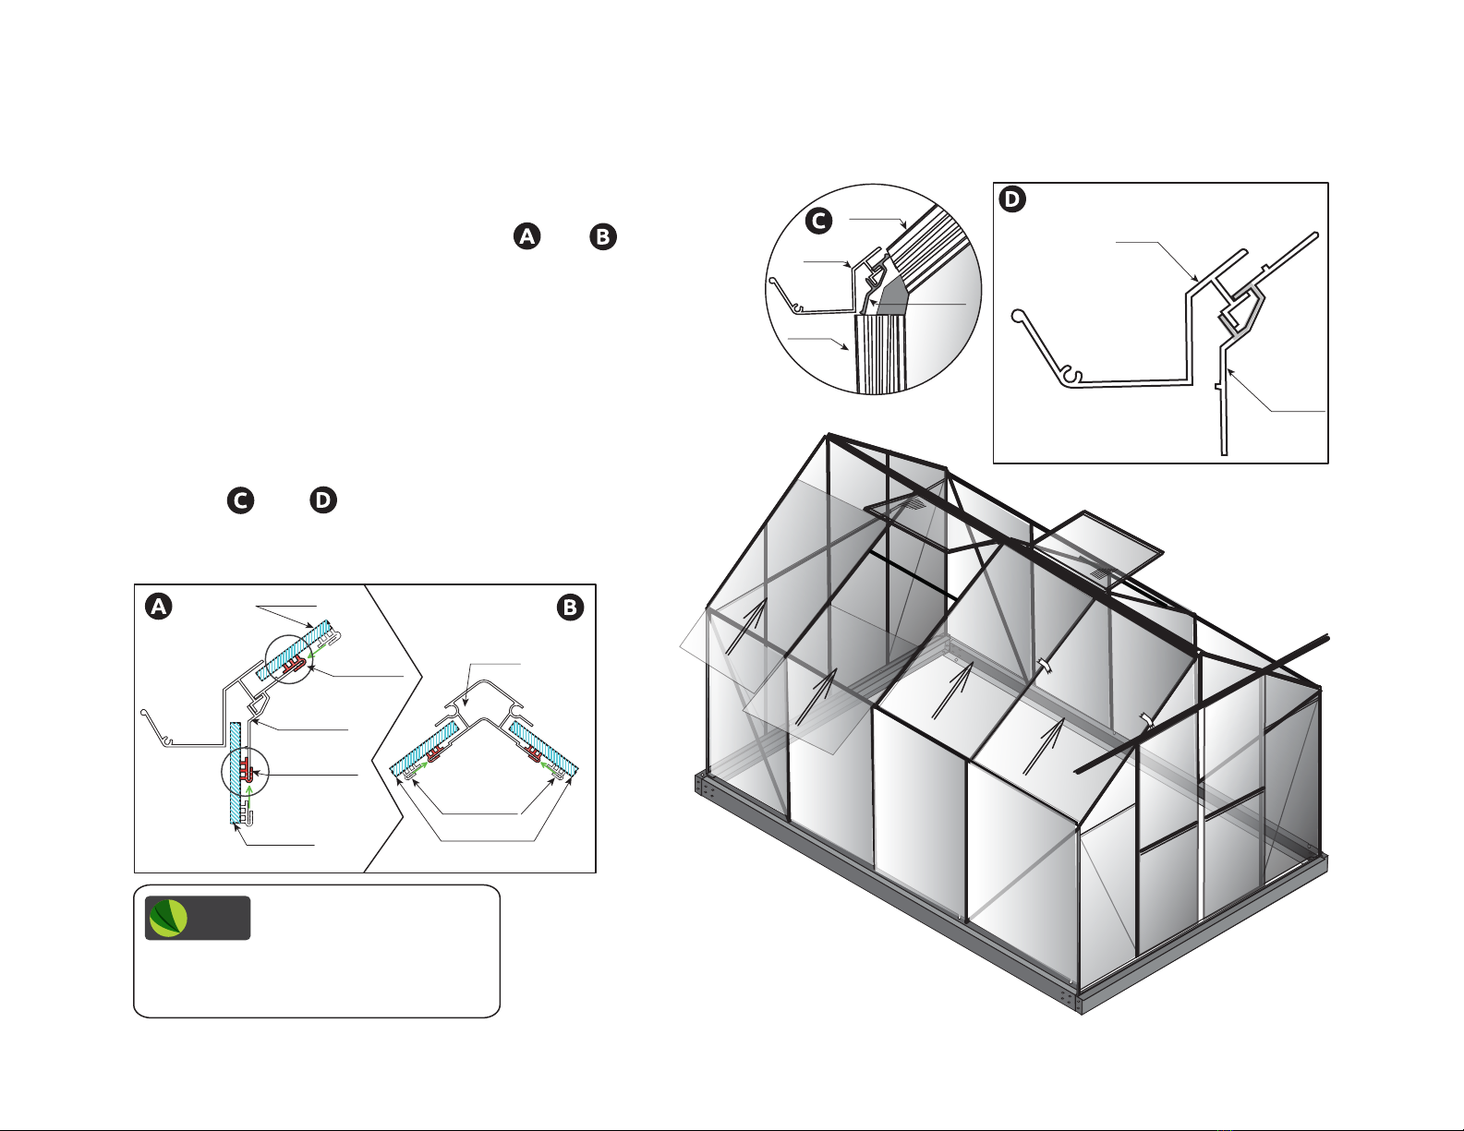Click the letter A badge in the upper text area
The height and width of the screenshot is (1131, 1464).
526,236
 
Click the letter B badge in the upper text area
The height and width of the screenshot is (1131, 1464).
603,237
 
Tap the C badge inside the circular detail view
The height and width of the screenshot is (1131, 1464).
818,221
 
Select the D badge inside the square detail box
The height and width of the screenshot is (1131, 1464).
1012,199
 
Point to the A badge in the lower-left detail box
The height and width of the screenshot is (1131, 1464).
158,607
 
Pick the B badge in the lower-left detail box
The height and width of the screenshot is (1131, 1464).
570,608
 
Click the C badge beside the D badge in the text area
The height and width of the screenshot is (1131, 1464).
240,500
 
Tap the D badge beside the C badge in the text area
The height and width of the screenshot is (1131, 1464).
323,500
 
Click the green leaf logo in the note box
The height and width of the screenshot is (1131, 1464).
168,919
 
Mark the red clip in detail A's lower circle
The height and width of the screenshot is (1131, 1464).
246,767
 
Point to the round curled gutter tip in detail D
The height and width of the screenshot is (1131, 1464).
1018,316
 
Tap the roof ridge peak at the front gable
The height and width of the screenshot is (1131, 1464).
828,435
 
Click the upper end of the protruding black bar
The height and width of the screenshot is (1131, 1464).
1327,638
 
